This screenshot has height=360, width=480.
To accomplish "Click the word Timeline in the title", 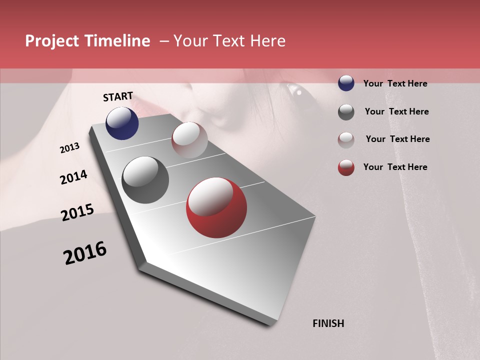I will [118, 41].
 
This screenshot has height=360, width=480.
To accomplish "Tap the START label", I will [118, 96].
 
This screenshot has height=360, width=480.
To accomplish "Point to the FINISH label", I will [328, 323].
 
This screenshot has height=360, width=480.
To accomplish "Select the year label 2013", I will [70, 148].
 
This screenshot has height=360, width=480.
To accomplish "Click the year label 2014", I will [73, 177].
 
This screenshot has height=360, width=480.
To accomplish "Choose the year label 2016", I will [85, 253].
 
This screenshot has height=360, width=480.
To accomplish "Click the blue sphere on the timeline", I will [122, 123].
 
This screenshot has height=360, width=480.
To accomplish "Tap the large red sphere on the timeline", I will [216, 208].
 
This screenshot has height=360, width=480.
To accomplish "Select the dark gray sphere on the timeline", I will [145, 180].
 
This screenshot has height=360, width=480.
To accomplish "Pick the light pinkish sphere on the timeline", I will [189, 140].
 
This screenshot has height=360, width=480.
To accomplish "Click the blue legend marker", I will [346, 83].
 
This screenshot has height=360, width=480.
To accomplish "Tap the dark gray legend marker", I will [346, 112].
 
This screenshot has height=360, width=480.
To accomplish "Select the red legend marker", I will [346, 167].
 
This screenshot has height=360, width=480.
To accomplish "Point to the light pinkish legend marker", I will [346, 139].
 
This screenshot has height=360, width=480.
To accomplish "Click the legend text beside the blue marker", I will [395, 83].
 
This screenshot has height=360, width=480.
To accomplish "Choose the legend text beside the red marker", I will [395, 167].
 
